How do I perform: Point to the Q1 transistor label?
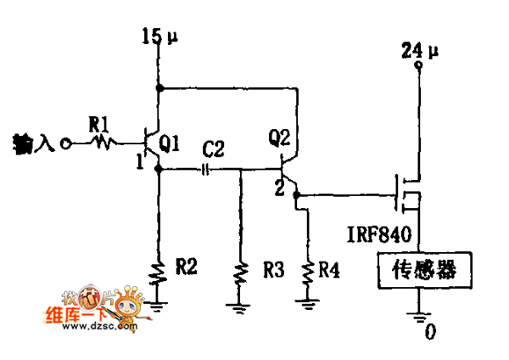pos(168,145)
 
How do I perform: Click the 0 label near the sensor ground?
pos(430,332)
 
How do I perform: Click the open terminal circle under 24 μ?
pos(417,73)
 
